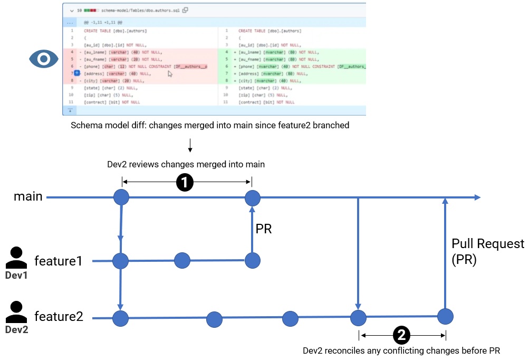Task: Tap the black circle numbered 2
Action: pyautogui.click(x=401, y=334)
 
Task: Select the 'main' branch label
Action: pyautogui.click(x=28, y=197)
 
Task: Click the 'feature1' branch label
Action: pyautogui.click(x=58, y=261)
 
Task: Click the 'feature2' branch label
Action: pyautogui.click(x=59, y=317)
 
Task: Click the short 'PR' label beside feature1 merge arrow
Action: pyautogui.click(x=264, y=229)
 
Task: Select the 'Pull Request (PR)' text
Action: pyautogui.click(x=487, y=252)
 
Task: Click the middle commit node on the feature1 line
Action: pyautogui.click(x=182, y=260)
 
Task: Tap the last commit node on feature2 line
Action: pyautogui.click(x=446, y=316)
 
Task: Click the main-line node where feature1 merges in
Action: pyautogui.click(x=252, y=198)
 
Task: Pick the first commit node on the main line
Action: pyautogui.click(x=122, y=198)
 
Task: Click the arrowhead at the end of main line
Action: pyautogui.click(x=477, y=197)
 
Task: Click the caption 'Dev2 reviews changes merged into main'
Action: pyautogui.click(x=186, y=165)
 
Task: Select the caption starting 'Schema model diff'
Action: pyautogui.click(x=210, y=127)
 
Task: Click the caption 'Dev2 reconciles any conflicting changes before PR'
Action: pyautogui.click(x=401, y=350)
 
